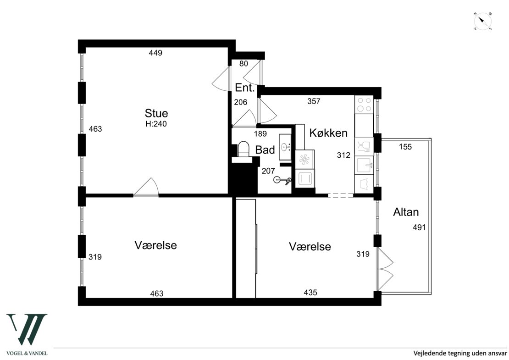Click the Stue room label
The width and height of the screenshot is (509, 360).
point(156,113)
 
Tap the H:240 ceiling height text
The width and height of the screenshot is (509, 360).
point(156,124)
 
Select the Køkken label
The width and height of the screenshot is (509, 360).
point(328,133)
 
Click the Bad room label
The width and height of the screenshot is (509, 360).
point(265,150)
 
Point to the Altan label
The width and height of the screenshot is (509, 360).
point(406,212)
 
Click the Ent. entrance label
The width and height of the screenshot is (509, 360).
point(245,88)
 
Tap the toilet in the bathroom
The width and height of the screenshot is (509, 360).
point(243,150)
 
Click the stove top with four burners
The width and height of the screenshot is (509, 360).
point(364,105)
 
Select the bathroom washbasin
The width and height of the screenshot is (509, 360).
point(285,147)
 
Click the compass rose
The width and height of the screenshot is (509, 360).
point(483,22)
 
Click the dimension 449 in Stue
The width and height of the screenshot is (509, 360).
point(155,53)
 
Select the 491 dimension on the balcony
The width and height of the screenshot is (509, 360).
point(419,227)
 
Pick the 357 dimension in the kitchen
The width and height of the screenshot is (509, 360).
point(314,101)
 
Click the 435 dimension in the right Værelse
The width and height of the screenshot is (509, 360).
point(310,293)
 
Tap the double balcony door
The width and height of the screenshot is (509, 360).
point(384,270)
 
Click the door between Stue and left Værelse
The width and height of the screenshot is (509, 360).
point(146,188)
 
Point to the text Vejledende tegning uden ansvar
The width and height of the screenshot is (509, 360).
point(460,353)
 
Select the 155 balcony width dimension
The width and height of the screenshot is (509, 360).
point(405,147)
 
